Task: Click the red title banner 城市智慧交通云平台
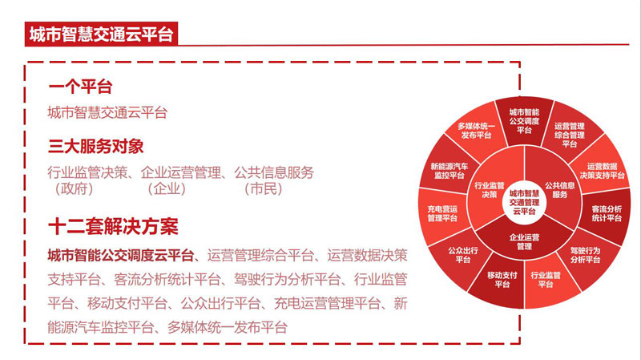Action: click(101, 34)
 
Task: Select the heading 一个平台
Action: click(80, 87)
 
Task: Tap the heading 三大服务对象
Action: click(95, 147)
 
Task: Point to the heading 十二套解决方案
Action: click(113, 227)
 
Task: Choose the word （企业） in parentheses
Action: click(167, 189)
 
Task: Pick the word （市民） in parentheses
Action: click(264, 189)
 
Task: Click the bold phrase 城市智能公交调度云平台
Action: click(121, 256)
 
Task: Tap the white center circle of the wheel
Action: click(524, 202)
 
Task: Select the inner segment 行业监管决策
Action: click(489, 190)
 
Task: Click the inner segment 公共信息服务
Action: click(559, 190)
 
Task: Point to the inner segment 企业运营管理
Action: click(524, 241)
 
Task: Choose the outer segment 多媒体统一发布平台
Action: click(476, 130)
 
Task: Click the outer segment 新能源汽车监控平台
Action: click(449, 171)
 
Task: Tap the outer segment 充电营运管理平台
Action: click(442, 213)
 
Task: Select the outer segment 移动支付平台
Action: click(502, 280)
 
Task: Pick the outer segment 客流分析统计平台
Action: click(607, 213)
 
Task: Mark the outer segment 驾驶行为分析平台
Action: click(586, 255)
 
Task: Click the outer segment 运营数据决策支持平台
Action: click(602, 171)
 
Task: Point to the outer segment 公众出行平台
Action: click(463, 255)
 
